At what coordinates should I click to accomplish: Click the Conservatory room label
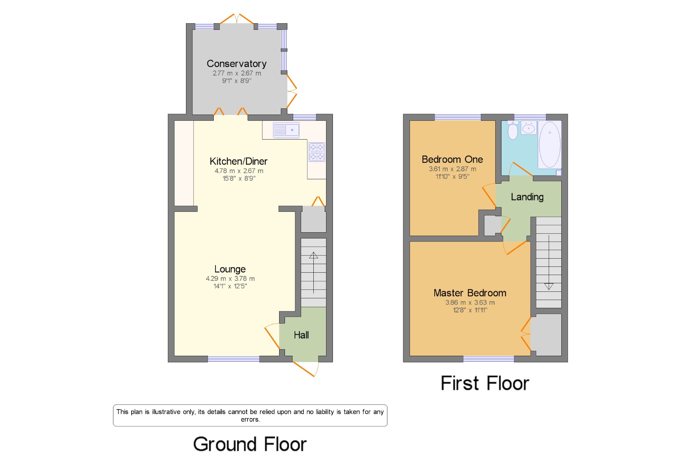pos(236,64)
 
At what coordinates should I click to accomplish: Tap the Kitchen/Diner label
pos(238,161)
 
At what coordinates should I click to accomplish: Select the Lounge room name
pos(230,269)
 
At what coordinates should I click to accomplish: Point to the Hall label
pos(301,335)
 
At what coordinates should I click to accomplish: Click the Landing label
pos(527,197)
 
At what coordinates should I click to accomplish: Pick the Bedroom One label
pos(452,159)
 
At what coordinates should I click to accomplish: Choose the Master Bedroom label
pos(470,293)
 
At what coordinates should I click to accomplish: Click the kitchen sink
pos(286,130)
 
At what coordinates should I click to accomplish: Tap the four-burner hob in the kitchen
pos(316,152)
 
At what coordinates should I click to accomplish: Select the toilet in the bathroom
pos(513,130)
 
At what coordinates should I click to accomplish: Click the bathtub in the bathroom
pos(549,144)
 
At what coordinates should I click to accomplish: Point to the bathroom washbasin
pos(529,128)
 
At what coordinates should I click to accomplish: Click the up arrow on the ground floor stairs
pos(313,273)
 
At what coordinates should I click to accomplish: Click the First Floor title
pos(485,383)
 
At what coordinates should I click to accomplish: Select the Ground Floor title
pos(250,444)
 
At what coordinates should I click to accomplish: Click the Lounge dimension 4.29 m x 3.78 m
pos(230,278)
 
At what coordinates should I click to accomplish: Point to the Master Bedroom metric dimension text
pos(470,302)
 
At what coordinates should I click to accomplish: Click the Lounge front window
pos(234,359)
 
